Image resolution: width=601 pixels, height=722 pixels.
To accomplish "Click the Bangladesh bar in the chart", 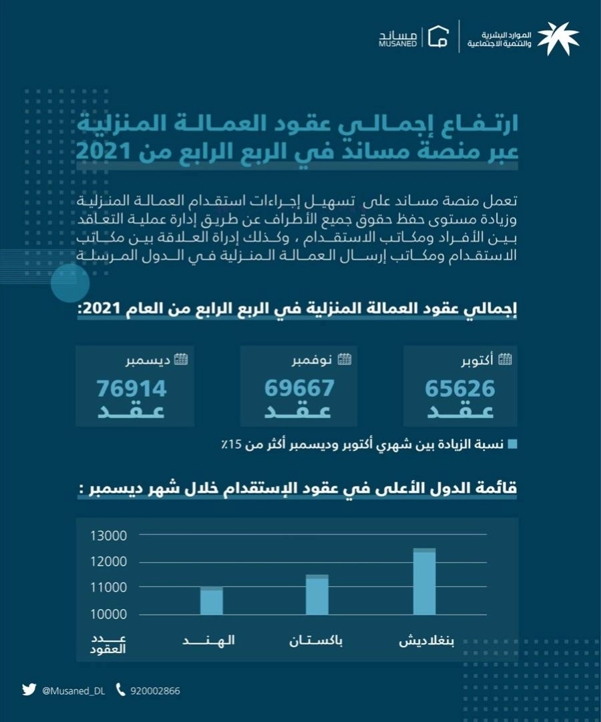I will (x=424, y=582).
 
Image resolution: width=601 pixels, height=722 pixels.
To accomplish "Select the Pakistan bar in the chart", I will (x=317, y=594).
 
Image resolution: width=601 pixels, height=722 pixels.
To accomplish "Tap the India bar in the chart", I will (x=212, y=600).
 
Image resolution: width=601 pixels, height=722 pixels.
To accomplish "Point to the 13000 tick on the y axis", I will (x=108, y=536).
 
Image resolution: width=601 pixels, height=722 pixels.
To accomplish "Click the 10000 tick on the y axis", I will (x=108, y=614).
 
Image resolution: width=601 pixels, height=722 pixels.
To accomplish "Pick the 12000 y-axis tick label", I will (x=108, y=562).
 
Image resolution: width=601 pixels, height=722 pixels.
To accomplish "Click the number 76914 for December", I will (x=131, y=388).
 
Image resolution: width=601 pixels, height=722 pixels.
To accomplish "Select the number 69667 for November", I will (x=298, y=388).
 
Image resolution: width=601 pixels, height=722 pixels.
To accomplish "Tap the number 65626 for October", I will (x=460, y=388).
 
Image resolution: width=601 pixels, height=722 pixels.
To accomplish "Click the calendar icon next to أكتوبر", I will (x=506, y=360).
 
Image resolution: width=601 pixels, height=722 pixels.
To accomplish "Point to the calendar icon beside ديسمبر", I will (x=180, y=360).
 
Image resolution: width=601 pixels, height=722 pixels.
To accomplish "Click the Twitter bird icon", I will (x=28, y=690).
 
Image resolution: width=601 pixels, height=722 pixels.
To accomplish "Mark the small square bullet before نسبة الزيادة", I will (x=512, y=443).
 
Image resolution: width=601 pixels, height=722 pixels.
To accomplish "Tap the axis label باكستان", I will (x=317, y=642).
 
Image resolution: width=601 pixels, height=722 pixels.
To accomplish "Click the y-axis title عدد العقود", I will (x=108, y=644).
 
